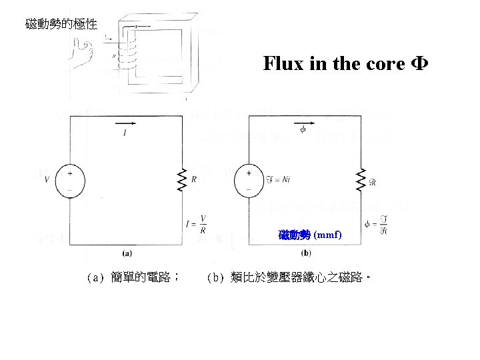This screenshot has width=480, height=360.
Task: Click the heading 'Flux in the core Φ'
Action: click(345, 64)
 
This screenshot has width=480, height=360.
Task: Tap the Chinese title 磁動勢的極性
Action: click(61, 25)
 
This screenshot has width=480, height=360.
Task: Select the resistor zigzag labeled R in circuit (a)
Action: click(181, 179)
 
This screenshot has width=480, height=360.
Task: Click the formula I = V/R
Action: click(196, 223)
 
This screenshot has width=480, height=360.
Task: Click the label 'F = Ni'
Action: click(278, 178)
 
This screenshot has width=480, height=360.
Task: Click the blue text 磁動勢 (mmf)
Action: click(311, 235)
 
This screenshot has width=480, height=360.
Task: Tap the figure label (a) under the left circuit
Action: click(127, 253)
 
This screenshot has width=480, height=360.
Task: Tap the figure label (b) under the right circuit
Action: click(305, 253)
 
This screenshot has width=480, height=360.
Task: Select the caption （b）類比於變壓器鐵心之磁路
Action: click(289, 276)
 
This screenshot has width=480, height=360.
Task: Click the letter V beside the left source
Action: click(46, 179)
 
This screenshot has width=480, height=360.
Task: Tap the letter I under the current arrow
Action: click(125, 134)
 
